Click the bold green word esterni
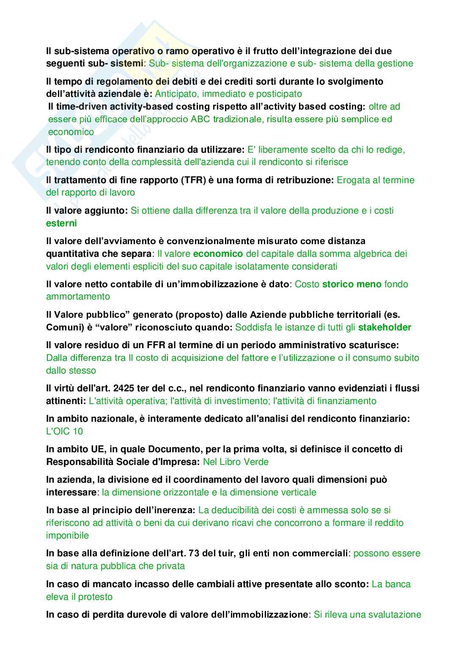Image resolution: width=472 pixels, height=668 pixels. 61,223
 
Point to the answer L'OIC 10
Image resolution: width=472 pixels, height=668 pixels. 64,431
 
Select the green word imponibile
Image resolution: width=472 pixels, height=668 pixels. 67,535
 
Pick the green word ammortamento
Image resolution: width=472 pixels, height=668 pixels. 78,297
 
